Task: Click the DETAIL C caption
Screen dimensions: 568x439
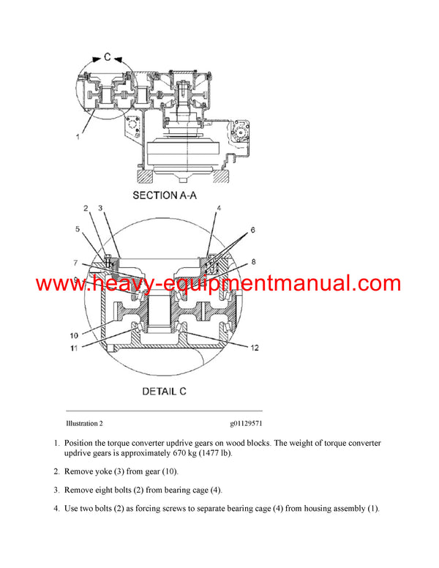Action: point(164,392)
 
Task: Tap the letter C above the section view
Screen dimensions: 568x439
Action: point(107,57)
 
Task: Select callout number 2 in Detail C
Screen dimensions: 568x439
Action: point(86,209)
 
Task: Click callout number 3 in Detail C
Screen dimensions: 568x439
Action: point(101,209)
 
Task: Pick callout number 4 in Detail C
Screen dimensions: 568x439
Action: point(218,209)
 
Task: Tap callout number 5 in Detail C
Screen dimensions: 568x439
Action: point(78,228)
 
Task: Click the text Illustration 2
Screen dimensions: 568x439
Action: point(84,424)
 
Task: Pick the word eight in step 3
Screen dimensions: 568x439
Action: point(108,490)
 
